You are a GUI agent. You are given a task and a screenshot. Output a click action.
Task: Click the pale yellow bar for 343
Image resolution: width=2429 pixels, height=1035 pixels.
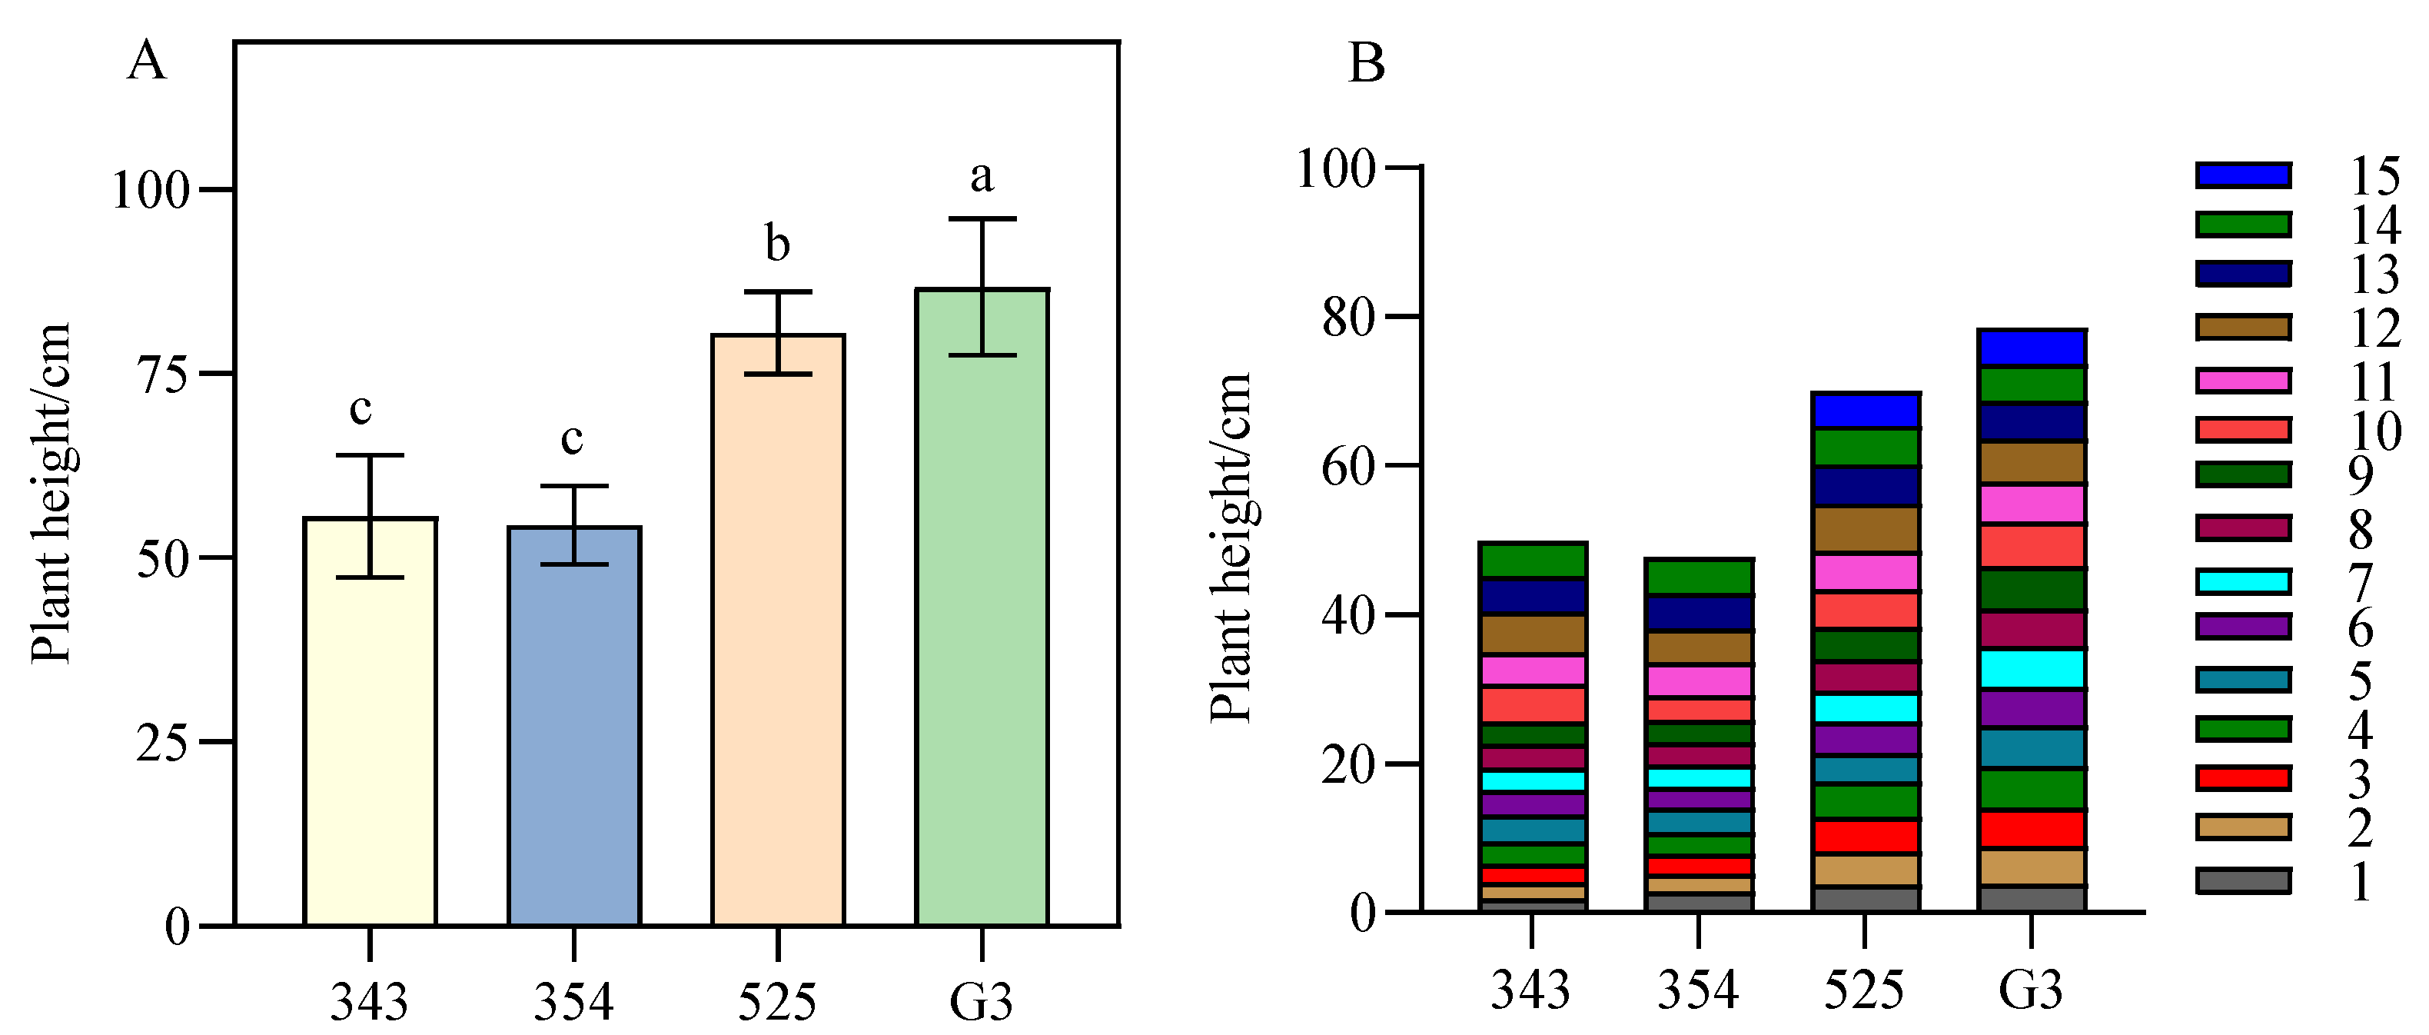tap(370, 722)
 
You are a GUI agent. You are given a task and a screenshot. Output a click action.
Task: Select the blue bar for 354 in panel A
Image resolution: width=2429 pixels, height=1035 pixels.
tap(573, 727)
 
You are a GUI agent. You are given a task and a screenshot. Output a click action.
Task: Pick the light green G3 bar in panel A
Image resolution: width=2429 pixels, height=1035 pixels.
tap(982, 607)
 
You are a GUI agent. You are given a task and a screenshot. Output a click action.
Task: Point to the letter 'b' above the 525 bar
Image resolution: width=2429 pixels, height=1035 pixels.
tap(777, 245)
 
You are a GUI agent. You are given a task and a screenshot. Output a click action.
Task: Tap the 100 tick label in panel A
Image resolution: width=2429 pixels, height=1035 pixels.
tap(151, 191)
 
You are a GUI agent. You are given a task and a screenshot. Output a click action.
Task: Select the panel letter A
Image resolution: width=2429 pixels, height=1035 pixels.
tap(146, 62)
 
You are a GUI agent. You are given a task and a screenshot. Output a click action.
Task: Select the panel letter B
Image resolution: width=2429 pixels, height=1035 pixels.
tap(1367, 64)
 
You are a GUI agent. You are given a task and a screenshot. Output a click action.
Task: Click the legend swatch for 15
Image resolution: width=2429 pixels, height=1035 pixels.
tap(2242, 175)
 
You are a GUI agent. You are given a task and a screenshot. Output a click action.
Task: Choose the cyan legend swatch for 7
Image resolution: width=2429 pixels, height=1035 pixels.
tap(2242, 581)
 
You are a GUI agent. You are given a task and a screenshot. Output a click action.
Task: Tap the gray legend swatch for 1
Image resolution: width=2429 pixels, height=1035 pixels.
tap(2242, 881)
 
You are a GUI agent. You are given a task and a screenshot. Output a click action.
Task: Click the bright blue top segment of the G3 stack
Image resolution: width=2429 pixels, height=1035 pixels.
tap(2030, 348)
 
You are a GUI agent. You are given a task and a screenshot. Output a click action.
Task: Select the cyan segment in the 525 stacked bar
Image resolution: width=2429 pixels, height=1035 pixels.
tap(1864, 708)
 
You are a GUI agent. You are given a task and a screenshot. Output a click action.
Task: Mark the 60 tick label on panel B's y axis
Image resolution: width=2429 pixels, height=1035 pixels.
tap(1348, 467)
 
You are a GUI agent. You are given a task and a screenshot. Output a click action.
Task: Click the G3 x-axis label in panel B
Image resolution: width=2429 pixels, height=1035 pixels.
tap(2030, 990)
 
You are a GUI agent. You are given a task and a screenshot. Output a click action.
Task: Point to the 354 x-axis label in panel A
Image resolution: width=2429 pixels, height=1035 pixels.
tap(573, 1001)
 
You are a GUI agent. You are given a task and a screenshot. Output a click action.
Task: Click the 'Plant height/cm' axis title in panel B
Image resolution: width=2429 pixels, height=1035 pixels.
tap(1231, 547)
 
